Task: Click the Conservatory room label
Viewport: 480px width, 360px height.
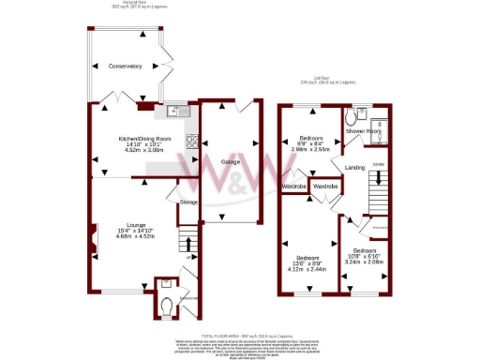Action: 124,67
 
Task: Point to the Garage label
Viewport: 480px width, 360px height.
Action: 231,162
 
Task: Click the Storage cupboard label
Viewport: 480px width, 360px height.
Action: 189,202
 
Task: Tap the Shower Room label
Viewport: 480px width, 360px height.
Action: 363,132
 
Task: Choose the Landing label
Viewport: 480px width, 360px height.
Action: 355,168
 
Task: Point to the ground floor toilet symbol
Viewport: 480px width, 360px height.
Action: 167,301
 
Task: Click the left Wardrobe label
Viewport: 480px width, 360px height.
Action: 294,187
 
